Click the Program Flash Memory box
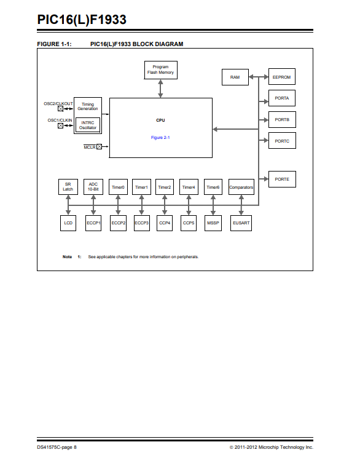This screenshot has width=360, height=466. (x=161, y=70)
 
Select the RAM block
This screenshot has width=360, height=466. (x=235, y=77)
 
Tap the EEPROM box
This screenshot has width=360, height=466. (x=282, y=77)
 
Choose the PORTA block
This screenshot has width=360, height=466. (x=282, y=98)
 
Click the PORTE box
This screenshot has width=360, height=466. (x=282, y=180)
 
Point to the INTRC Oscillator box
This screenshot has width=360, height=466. (x=88, y=125)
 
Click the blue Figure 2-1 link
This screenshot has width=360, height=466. (x=160, y=138)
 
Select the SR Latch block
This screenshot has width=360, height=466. (x=68, y=187)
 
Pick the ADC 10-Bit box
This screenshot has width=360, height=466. (x=93, y=187)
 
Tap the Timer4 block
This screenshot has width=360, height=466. (x=189, y=187)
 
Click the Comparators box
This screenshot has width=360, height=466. (x=241, y=187)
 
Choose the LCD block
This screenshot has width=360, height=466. (x=68, y=223)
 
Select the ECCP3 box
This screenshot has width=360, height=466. (x=142, y=223)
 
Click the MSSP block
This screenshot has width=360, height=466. (x=213, y=223)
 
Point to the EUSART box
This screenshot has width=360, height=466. (x=241, y=223)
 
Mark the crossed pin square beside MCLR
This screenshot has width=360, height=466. (x=99, y=146)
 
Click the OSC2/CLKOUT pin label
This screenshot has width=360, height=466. (x=58, y=104)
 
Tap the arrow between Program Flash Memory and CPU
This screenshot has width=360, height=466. (x=160, y=89)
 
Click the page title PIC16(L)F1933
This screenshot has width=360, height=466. (x=82, y=20)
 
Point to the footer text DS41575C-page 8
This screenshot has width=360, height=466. (x=57, y=448)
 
